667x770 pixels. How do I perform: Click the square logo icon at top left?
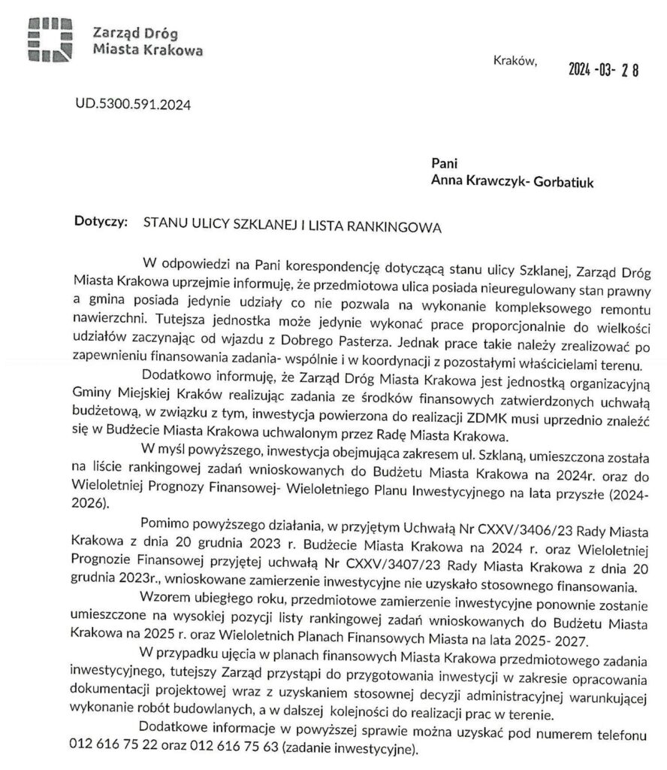pos(49,39)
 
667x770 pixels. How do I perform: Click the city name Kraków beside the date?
pos(517,62)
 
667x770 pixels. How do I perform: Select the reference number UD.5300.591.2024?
pos(132,105)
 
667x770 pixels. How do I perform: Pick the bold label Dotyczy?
pos(102,223)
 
